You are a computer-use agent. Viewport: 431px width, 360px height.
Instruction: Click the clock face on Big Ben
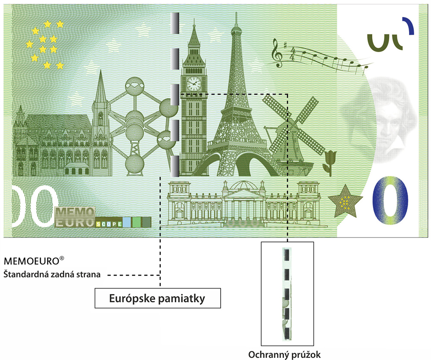click(194, 84)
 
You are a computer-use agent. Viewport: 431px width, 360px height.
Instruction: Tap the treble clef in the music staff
click(277, 53)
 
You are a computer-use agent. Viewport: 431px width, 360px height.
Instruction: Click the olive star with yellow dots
click(345, 201)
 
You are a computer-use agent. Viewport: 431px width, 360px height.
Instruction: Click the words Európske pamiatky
click(157, 298)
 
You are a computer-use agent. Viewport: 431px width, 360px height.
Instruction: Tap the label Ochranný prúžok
click(284, 354)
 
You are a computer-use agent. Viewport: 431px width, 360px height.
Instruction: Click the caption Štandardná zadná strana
click(52, 274)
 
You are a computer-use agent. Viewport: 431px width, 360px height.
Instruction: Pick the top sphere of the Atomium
click(134, 86)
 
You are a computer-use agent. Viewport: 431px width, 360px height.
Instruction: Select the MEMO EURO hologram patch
click(75, 217)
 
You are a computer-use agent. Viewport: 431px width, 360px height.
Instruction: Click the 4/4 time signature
click(293, 54)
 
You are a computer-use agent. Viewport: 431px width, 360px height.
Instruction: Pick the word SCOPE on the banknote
click(109, 224)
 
